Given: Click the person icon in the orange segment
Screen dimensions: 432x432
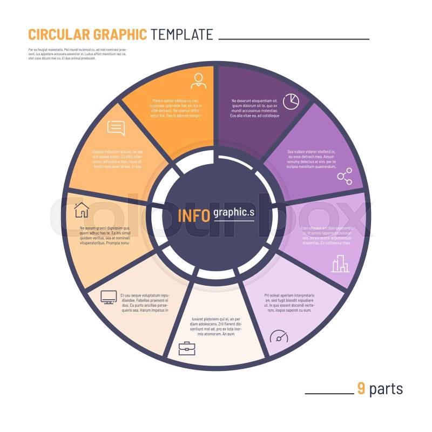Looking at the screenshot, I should pos(198,80).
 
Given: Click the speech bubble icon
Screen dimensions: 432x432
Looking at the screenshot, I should pos(116,127).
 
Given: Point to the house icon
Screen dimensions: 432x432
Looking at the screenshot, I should pos(81,209).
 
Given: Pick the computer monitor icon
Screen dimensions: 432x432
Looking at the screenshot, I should pos(109,296).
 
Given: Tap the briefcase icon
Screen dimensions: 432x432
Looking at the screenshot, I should pos(187,348).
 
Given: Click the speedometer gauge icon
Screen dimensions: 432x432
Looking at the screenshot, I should pos(279,336).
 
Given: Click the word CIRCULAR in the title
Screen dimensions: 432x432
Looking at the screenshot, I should pos(59,35).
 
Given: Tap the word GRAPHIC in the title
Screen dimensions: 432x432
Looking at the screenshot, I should pos(120,35).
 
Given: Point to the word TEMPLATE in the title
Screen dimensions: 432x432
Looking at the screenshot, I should pos(182,35).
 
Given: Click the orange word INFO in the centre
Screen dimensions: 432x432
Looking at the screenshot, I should pos(194,215).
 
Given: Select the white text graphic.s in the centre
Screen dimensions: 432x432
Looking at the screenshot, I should pos(234,213).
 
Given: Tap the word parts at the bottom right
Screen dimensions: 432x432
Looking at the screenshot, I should pos(386,389).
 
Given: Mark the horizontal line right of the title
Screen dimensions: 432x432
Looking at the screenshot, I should pos(294,39).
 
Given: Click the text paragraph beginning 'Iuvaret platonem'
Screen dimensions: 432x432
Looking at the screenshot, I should pos(215,327).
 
